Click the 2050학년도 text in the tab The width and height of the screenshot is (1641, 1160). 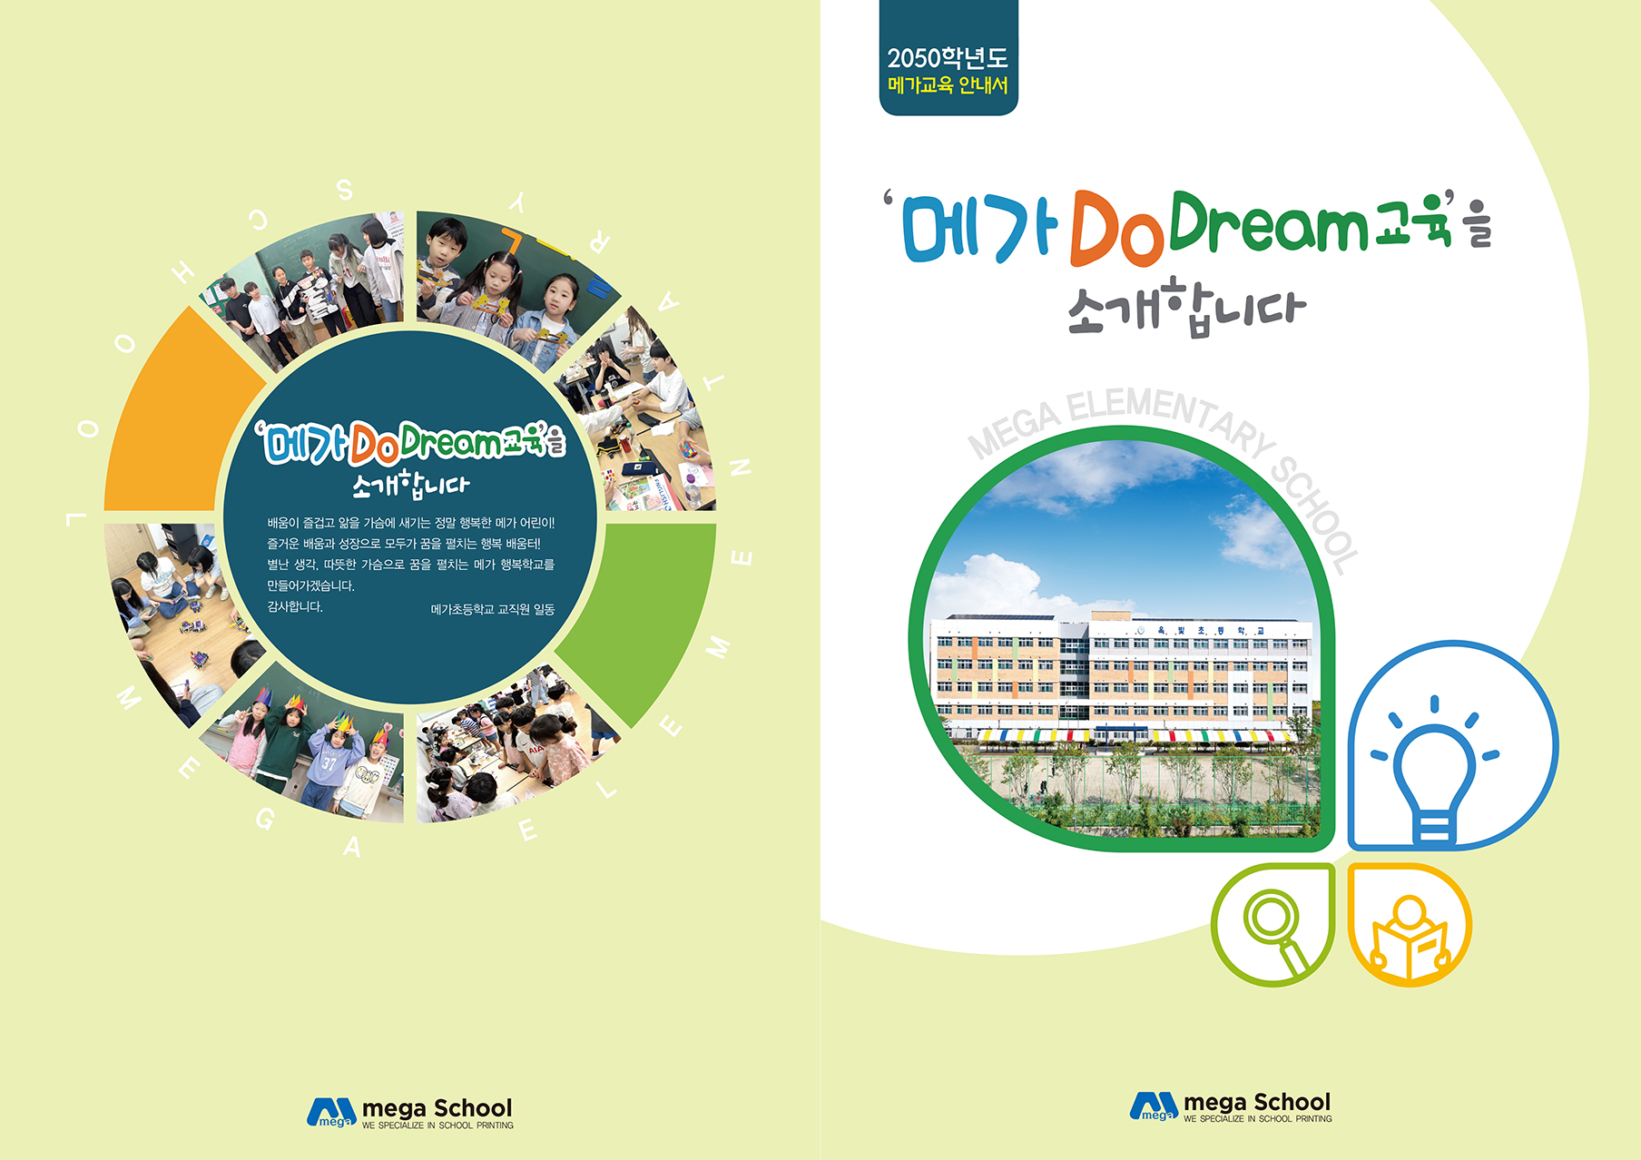[x=948, y=58]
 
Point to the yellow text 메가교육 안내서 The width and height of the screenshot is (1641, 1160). [x=948, y=85]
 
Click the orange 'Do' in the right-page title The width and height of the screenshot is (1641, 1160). [x=1116, y=228]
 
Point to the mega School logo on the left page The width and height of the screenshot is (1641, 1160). [x=410, y=1112]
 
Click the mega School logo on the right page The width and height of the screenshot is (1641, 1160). [x=1231, y=1106]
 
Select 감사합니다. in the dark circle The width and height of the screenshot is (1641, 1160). [x=295, y=606]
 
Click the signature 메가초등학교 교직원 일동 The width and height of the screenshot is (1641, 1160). [x=493, y=609]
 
